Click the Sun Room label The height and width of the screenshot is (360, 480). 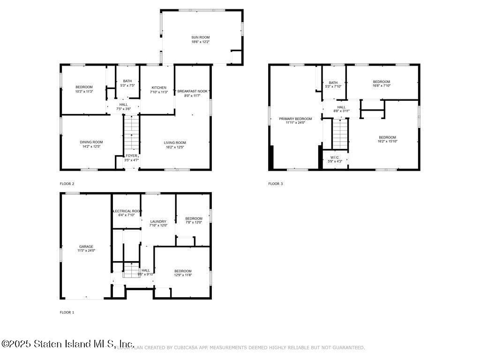coord(200,37)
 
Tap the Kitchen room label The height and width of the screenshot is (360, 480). coord(159,88)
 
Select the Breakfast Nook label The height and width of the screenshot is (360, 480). coord(192,91)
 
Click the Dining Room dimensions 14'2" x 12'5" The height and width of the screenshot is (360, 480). coord(91,147)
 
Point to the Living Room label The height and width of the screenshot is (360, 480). coord(175,142)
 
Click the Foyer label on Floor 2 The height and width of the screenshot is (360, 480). coord(131,156)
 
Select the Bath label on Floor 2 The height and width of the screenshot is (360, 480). coord(127,81)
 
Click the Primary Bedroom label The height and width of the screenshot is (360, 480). coord(295,119)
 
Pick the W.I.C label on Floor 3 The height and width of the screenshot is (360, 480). coord(335,157)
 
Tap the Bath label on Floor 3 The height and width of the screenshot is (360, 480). coord(333,82)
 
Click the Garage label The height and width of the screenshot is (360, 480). coord(86,247)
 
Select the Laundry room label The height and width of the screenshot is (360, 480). coord(158,221)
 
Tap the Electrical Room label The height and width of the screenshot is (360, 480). coord(127,211)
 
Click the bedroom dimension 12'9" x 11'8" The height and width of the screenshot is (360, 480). coord(183,275)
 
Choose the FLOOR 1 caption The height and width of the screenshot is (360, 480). coord(67,312)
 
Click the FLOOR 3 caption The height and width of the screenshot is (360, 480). coord(276,184)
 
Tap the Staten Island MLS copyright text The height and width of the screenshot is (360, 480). coord(68,344)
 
